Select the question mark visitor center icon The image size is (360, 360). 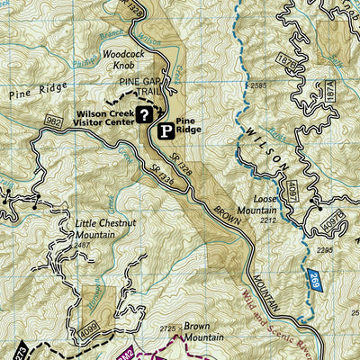pos(144,114)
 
